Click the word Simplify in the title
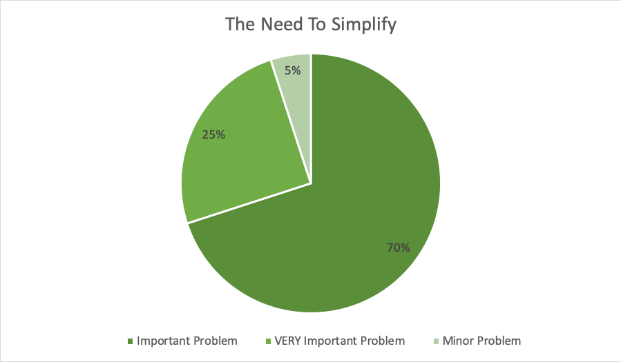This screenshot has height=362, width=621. [363, 25]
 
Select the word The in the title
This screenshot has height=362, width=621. [240, 24]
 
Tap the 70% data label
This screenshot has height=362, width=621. [399, 248]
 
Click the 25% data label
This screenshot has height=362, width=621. [214, 134]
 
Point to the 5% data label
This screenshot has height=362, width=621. [293, 70]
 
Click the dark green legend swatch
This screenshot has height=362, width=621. [131, 341]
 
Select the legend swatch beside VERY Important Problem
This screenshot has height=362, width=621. [268, 341]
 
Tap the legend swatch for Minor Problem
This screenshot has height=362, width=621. [436, 341]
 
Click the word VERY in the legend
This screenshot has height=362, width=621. [287, 341]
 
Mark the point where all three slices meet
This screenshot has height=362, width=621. [311, 183]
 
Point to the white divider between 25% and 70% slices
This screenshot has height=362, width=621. [249, 203]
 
